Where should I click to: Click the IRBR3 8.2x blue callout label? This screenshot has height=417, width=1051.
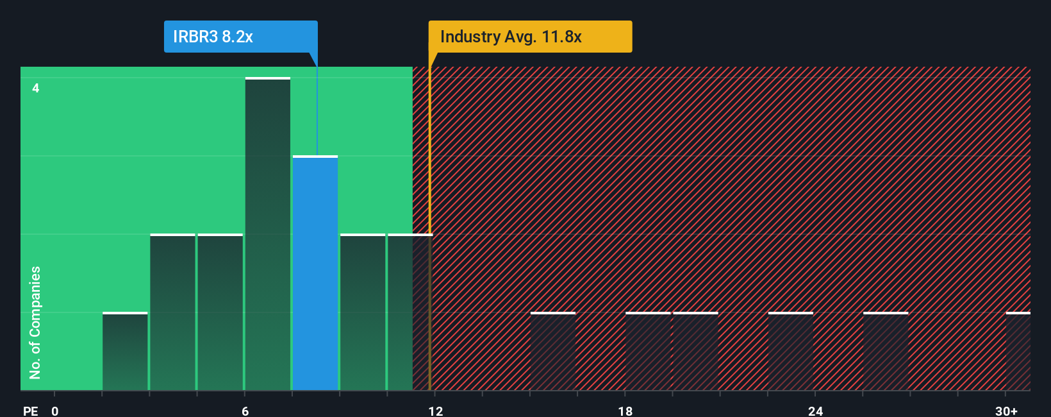coord(240,37)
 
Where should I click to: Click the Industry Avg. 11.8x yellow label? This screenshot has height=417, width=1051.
coord(530,37)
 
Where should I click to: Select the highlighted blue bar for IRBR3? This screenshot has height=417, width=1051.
coord(315,273)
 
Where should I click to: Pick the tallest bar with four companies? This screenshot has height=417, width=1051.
coord(268,234)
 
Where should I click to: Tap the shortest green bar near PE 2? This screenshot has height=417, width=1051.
coord(125,352)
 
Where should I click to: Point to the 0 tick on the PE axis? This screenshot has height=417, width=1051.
coord(55,411)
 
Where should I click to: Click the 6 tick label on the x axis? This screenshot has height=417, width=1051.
coord(245,411)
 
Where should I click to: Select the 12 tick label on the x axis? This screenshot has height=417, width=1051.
coord(435,411)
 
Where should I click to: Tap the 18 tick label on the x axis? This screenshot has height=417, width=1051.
coord(625,411)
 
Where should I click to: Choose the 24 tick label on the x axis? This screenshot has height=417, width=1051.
coord(815,411)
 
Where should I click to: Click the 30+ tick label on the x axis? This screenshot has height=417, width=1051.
coord(1006,411)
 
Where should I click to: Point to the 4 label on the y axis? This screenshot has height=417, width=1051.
coord(36,88)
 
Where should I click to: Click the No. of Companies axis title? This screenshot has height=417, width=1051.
coord(35,322)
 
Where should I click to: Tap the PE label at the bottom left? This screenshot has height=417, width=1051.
coord(30,411)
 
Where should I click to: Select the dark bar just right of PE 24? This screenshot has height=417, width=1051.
coord(886,352)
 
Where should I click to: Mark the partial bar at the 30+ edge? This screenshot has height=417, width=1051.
coord(1018,352)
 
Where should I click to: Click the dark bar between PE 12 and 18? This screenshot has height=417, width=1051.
coord(553,352)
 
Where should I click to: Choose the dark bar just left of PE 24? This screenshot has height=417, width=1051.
coord(791,352)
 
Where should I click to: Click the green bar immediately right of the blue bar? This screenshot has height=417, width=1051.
coord(363,312)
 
